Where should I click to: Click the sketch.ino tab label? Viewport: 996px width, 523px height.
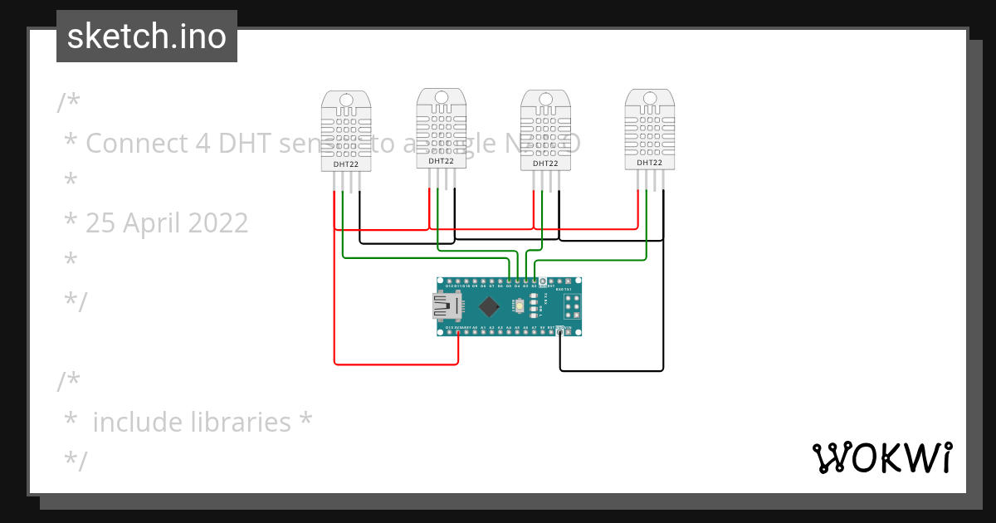[147, 37]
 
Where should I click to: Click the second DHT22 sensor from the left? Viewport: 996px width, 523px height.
[441, 129]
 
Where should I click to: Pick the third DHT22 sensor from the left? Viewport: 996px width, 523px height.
[545, 130]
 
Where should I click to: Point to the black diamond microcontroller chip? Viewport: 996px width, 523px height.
[489, 306]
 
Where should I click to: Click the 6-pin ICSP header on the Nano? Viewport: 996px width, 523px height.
[572, 306]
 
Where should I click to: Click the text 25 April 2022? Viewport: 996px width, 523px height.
[167, 223]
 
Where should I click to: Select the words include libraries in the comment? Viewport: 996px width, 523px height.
[192, 422]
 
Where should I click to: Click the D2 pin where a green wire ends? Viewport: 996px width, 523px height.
[534, 282]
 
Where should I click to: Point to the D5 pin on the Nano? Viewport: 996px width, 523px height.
[509, 282]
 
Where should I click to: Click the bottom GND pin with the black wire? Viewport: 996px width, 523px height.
[560, 331]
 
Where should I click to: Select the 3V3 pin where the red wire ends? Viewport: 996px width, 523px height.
[458, 331]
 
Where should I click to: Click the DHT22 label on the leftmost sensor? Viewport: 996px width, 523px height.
[346, 164]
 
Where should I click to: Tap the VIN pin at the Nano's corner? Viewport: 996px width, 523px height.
[569, 331]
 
